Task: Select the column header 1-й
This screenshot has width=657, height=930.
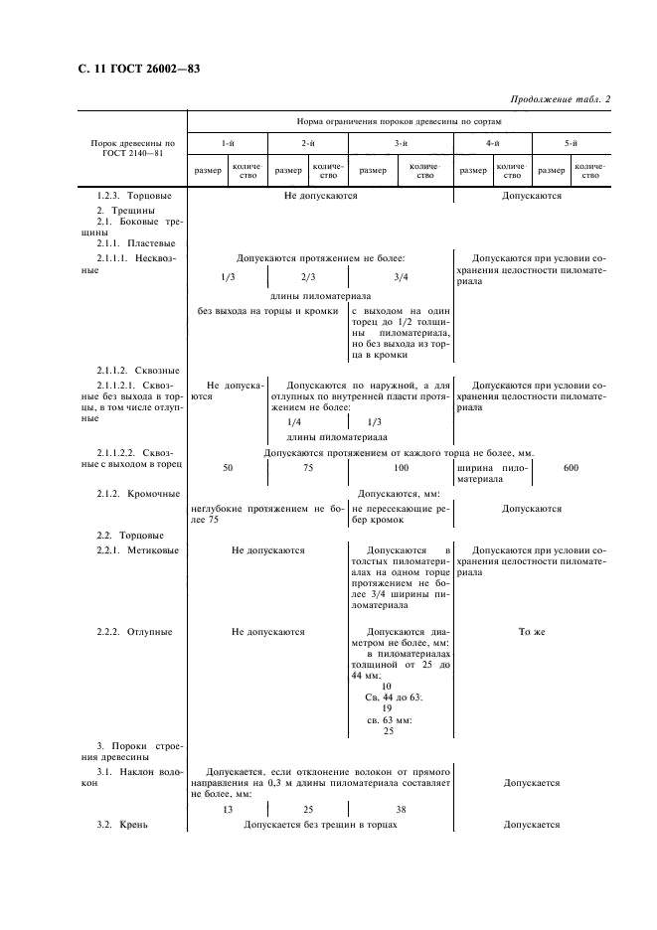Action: click(228, 144)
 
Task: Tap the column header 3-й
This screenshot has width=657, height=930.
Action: click(401, 144)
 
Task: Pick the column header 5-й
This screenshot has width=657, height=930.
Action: click(572, 144)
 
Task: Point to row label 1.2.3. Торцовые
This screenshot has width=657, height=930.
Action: click(135, 196)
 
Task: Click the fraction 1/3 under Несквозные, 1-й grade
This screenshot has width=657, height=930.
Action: click(228, 277)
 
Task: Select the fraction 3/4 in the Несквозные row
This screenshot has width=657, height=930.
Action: click(401, 277)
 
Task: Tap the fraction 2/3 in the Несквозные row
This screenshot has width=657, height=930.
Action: click(307, 277)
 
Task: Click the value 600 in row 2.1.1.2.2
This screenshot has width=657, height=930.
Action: click(571, 467)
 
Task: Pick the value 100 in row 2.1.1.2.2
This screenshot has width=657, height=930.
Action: click(401, 467)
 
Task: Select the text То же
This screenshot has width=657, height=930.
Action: click(532, 631)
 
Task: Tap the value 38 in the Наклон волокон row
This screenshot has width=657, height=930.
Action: click(401, 809)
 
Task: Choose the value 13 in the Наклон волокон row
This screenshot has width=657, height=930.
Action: click(228, 809)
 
